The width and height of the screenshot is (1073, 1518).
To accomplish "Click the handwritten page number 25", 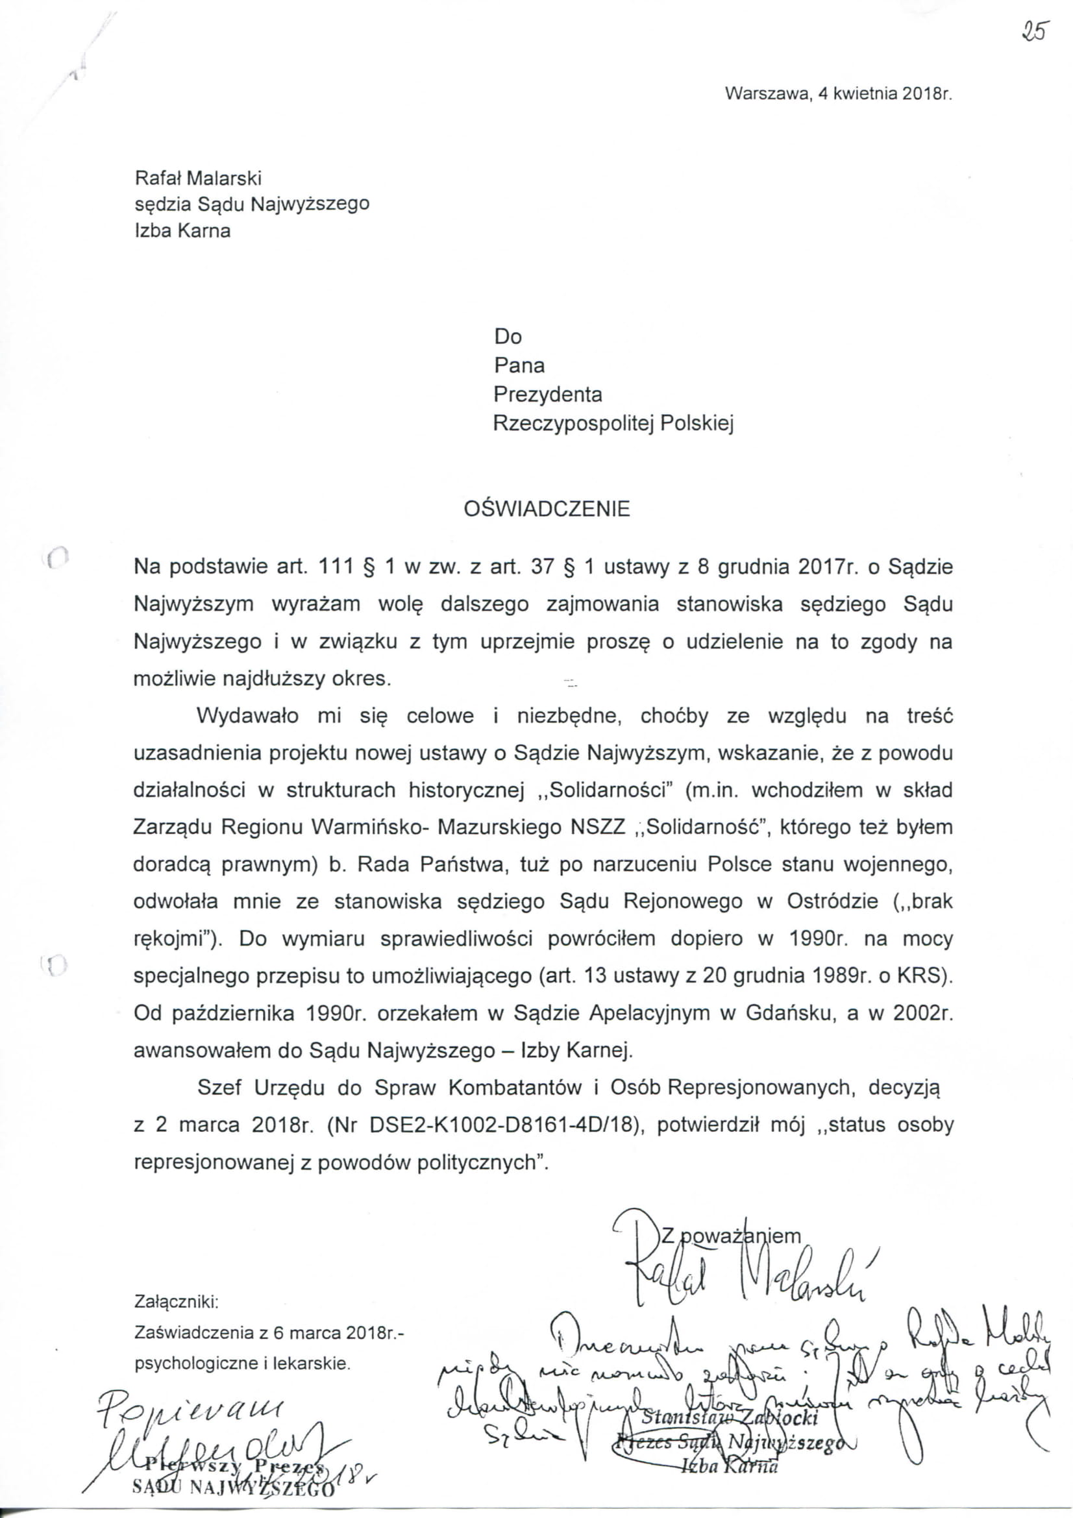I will click(x=1034, y=31).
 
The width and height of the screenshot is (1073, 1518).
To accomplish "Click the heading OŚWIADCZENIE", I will click(x=547, y=509).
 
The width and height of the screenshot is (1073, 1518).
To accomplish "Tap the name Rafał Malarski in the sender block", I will click(x=198, y=178).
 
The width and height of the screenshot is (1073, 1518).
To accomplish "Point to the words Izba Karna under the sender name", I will click(x=182, y=232).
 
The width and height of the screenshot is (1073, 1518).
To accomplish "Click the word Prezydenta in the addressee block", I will click(x=547, y=395).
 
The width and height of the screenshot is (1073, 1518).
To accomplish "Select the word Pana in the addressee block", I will click(x=519, y=365).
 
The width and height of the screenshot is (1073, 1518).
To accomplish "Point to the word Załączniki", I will click(x=176, y=1302).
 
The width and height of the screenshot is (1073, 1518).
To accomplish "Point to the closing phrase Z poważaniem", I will click(x=730, y=1235).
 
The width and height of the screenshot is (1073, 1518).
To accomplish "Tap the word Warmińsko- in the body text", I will click(x=373, y=827).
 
